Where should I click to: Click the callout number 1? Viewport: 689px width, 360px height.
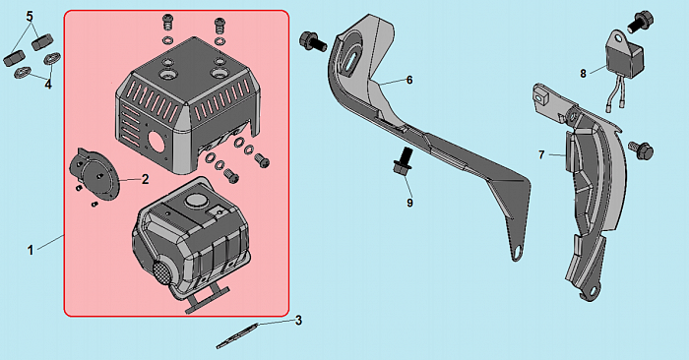31,251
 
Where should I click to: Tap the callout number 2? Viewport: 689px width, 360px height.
145,179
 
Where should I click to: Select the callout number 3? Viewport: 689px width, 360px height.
298,321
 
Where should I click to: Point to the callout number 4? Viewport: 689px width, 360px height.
48,85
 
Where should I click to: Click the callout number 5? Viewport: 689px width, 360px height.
30,17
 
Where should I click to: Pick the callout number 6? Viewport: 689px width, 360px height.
409,80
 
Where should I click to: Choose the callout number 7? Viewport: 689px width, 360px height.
541,155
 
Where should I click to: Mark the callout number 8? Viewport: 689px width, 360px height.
583,74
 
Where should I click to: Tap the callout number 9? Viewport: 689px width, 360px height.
409,203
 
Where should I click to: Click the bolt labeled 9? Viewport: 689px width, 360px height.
403,161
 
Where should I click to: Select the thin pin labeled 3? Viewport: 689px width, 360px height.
237,336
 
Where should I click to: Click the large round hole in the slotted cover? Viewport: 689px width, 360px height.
157,141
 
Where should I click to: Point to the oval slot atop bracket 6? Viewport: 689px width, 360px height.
352,61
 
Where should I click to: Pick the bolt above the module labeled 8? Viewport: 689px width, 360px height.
640,22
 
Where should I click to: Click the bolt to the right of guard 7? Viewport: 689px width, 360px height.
641,150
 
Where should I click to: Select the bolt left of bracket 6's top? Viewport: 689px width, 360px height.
312,41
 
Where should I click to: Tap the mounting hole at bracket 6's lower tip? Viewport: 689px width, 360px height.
518,253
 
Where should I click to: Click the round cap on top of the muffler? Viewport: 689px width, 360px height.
196,202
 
